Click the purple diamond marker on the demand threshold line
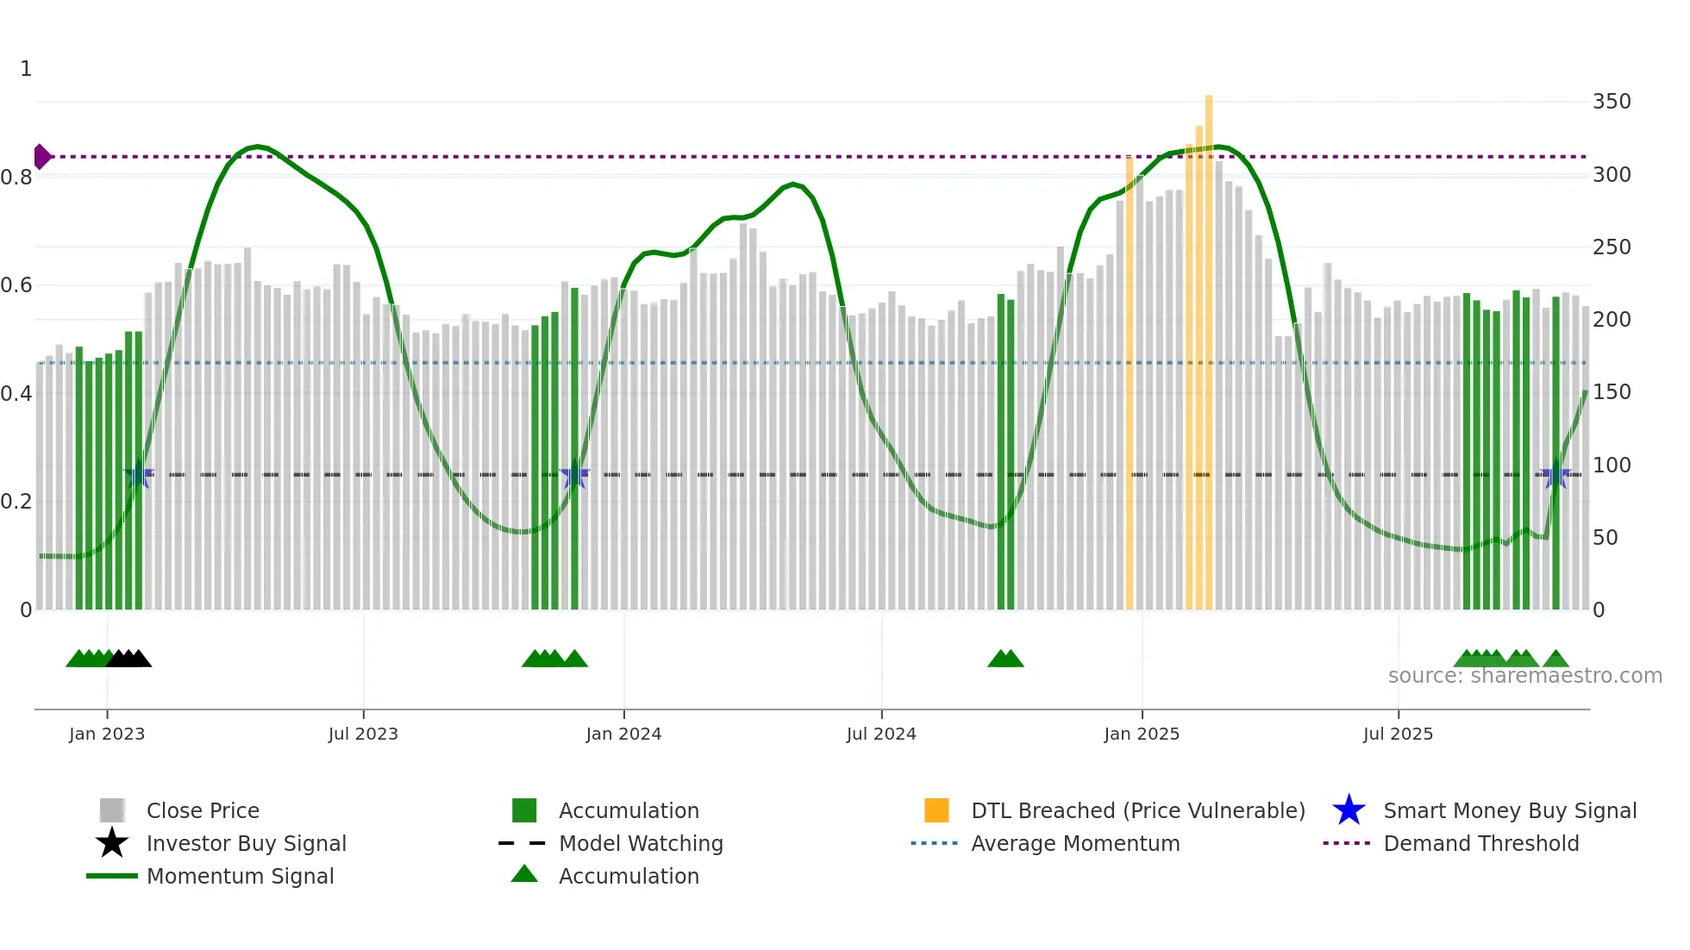point(41,157)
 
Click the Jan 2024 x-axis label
point(623,734)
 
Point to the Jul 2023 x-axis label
point(363,734)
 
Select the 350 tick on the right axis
point(1612,102)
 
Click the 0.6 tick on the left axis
point(16,285)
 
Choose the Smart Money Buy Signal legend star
point(1349,810)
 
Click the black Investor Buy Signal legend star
point(112,843)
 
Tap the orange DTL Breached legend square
point(936,810)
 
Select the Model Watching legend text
point(641,843)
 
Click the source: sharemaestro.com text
point(1524,676)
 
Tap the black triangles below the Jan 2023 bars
point(129,659)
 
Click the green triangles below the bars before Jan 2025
point(1005,659)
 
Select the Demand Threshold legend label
point(1480,843)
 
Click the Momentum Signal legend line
point(112,876)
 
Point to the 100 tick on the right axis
point(1612,466)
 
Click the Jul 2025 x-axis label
point(1398,734)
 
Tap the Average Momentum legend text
point(1075,843)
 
